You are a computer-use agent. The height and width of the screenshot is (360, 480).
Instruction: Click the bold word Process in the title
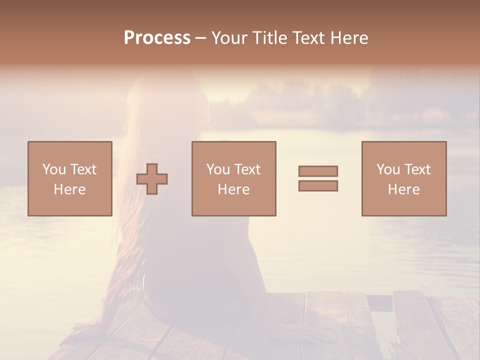click(x=157, y=38)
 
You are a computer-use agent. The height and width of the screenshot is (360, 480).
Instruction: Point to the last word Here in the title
click(x=349, y=38)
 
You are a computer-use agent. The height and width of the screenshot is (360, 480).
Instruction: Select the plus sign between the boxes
click(x=152, y=178)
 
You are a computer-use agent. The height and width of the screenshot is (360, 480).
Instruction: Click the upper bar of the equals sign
click(x=318, y=171)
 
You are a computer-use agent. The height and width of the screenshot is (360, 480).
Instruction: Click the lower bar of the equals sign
click(x=318, y=185)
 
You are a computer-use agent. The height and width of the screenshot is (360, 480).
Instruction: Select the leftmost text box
click(x=69, y=178)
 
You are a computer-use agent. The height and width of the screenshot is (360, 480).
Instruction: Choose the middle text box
click(x=233, y=178)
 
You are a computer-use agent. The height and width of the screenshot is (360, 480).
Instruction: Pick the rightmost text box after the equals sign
click(x=403, y=178)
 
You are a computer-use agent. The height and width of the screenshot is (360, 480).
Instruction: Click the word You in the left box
click(x=54, y=169)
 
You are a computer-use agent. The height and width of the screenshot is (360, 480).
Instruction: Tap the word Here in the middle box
click(x=233, y=189)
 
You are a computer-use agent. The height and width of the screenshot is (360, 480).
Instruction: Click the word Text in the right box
click(x=416, y=169)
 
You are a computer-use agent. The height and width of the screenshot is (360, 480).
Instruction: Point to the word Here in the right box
click(x=403, y=189)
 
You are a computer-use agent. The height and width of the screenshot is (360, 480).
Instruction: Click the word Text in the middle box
click(x=246, y=169)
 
